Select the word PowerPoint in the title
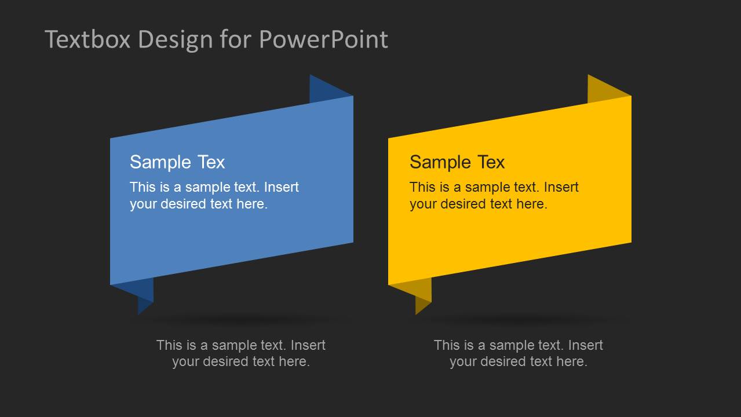pyautogui.click(x=323, y=39)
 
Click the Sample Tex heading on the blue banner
pyautogui.click(x=177, y=162)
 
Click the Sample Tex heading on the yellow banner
pyautogui.click(x=457, y=162)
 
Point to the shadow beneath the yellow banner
pyautogui.click(x=521, y=320)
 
